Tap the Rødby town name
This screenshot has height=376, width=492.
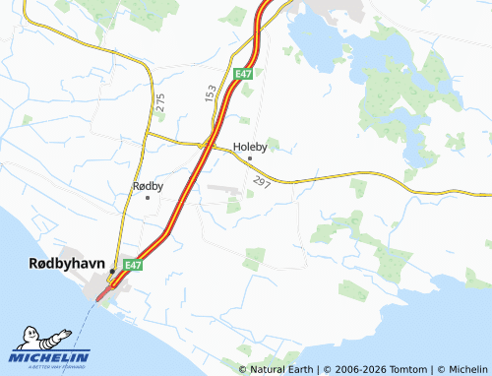[148, 185]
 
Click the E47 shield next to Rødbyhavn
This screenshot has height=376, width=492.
[131, 265]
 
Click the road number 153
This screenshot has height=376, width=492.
[211, 93]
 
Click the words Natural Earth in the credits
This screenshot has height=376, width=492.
[281, 369]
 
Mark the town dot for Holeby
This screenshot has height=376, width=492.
[250, 157]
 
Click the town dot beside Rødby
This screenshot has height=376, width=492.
[148, 197]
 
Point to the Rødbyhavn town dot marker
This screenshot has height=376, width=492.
[112, 271]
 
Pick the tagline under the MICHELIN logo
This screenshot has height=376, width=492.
[49, 365]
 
